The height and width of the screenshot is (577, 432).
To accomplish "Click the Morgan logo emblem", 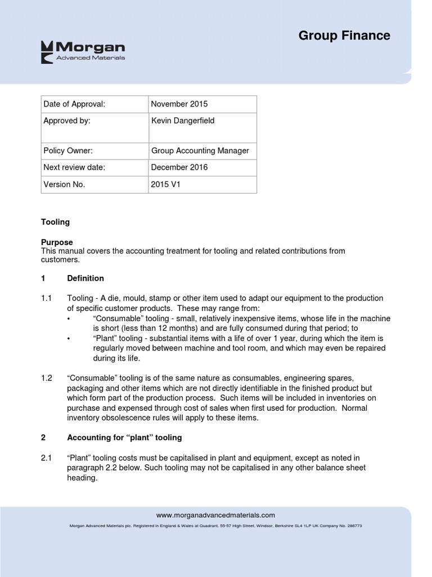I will coord(47,52).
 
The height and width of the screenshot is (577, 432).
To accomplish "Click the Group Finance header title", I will coord(344,35).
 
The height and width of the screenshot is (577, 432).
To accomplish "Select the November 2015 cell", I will coord(179,104).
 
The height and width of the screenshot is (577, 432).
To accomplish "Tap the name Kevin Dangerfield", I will coord(183,121).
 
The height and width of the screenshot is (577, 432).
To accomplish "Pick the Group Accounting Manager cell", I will coord(200,151).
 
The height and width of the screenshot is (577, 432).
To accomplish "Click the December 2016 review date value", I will coord(179,167).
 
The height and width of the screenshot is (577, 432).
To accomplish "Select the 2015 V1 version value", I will coord(166,184).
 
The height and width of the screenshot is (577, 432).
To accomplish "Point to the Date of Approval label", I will coord(74,104).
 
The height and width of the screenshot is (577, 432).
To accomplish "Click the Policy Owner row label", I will coord(68,151).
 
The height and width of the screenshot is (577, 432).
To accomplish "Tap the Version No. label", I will coord(65,184).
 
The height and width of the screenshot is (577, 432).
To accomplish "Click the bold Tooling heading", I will coord(55,222).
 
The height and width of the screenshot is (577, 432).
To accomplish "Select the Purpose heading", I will coord(57,242).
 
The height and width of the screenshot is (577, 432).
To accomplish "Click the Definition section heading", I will coord(85,278).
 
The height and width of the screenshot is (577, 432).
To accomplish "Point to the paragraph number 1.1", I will coord(47,298).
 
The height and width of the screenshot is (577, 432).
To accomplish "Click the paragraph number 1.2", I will coord(47,378).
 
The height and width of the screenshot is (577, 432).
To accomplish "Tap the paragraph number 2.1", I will coord(47,458).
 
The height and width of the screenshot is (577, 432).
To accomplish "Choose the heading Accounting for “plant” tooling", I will coord(124,438).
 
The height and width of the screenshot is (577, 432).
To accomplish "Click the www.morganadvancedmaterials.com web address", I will coord(215,515).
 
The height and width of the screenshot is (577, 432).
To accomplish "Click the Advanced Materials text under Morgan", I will coord(91,58).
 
